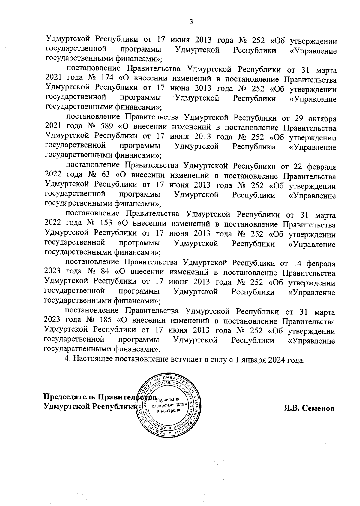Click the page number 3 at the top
pos(191,22)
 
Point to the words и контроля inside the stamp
pos(169,410)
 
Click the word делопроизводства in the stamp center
pos(170,405)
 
